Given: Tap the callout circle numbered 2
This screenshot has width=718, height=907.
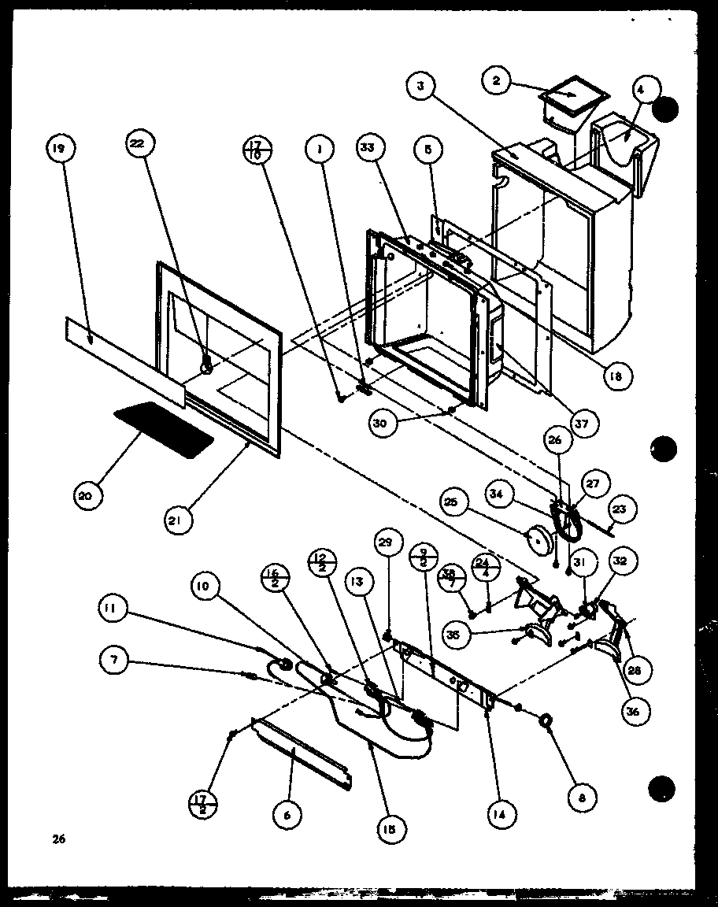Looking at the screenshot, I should (x=495, y=82).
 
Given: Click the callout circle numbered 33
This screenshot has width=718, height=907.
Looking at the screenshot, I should (x=368, y=147).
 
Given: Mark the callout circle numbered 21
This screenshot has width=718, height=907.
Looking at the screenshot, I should (x=179, y=520).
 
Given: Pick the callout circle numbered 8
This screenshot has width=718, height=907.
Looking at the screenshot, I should (x=582, y=776).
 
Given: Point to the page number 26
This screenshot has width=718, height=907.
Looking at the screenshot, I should (x=58, y=839).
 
